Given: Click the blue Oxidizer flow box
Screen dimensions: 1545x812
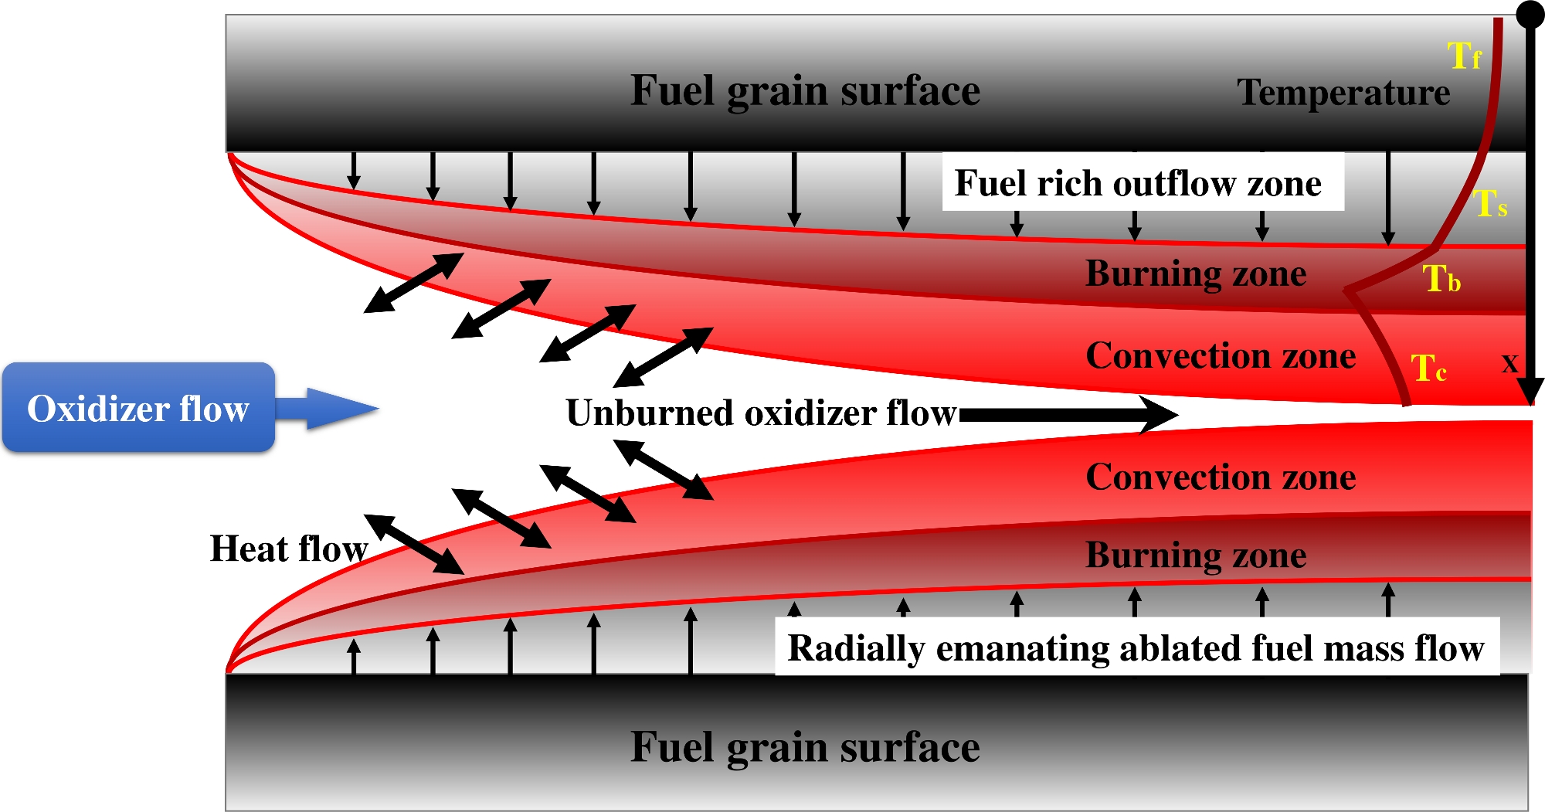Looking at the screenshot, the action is point(139,407).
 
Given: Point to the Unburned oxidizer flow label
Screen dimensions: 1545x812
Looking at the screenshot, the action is point(761,413).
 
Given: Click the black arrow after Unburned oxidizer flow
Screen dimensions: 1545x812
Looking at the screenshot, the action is point(1068,415).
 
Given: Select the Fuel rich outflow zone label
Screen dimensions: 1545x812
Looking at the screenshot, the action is point(1138,184).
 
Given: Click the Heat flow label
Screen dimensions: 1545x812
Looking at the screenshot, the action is point(289,549).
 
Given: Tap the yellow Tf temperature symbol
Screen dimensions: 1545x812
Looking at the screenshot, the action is point(1465,56).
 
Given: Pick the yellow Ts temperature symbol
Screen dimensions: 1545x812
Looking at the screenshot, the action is point(1490,204).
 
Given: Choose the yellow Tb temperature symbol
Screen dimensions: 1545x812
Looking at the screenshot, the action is point(1441,278).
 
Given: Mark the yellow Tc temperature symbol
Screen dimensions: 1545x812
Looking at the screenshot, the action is point(1428,367).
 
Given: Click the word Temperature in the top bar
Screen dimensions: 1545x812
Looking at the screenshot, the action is point(1343,93).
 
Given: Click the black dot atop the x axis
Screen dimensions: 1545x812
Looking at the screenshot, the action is point(1530,14).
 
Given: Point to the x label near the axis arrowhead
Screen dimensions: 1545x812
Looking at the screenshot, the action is point(1509,363).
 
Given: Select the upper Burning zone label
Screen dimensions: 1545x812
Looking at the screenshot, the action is point(1196,274).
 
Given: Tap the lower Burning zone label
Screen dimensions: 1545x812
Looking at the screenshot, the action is point(1196,555).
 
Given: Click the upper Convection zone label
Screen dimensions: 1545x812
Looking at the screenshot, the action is point(1221,355).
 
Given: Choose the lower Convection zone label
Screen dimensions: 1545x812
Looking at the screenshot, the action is point(1221,477).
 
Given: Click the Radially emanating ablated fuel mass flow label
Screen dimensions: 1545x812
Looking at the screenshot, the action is point(1136,648).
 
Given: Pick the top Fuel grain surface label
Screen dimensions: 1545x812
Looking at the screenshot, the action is point(805,91).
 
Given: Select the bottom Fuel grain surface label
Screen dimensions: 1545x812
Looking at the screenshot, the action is point(805,748).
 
